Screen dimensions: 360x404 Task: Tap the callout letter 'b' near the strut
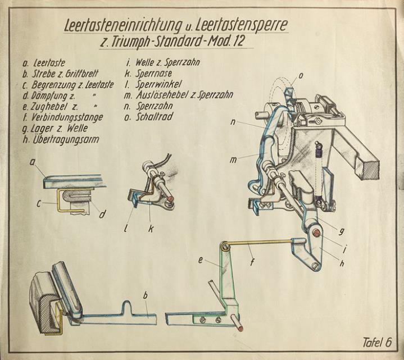pyautogui.click(x=146, y=295)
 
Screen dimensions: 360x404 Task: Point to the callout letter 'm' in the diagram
pyautogui.click(x=233, y=160)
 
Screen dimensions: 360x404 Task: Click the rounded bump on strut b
pyautogui.click(x=128, y=308)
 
